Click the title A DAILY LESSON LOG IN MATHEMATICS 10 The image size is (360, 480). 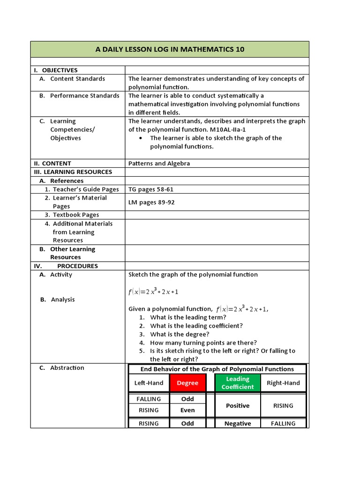[170, 49]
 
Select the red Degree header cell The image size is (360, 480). [187, 383]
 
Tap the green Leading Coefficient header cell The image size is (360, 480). [238, 383]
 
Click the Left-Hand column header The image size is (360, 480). [149, 383]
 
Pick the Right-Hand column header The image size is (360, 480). [283, 383]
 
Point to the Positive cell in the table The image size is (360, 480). [238, 405]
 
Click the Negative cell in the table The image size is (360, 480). [238, 423]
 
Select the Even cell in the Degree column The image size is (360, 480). [187, 410]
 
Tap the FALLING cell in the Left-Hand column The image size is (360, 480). [149, 399]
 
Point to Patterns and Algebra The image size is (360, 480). [159, 164]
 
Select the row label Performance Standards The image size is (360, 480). [84, 96]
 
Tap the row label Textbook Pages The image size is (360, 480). [75, 215]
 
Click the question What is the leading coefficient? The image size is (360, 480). [196, 326]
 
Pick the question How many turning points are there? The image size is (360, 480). [203, 343]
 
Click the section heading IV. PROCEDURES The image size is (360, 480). [65, 266]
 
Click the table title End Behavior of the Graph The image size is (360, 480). [217, 369]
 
